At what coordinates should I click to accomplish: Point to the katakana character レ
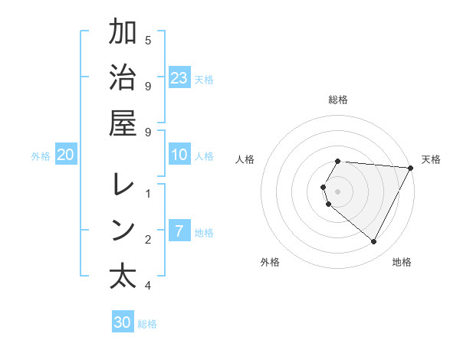pos(123,184)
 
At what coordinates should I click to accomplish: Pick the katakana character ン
pos(123,231)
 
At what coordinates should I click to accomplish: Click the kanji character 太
pos(123,277)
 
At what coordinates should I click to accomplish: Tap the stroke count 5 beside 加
pos(148,40)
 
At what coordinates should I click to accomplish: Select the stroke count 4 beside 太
pos(148,286)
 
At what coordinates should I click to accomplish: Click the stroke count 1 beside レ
pos(148,192)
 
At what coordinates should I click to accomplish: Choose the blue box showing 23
pos(179,77)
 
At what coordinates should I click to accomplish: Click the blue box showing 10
pos(179,155)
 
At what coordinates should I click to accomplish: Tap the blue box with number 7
pos(179,231)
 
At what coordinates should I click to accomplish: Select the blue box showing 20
pos(66,155)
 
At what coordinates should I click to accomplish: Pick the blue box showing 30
pos(123,322)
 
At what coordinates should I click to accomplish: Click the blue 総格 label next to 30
pos(147,324)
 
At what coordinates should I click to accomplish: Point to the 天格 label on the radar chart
pos(431,159)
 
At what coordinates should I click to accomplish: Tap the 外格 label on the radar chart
pos(270,262)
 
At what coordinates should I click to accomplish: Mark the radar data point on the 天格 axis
pos(411,168)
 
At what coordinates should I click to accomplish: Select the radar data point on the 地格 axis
pos(374,242)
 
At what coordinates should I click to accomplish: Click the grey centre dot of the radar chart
pos(338,191)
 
